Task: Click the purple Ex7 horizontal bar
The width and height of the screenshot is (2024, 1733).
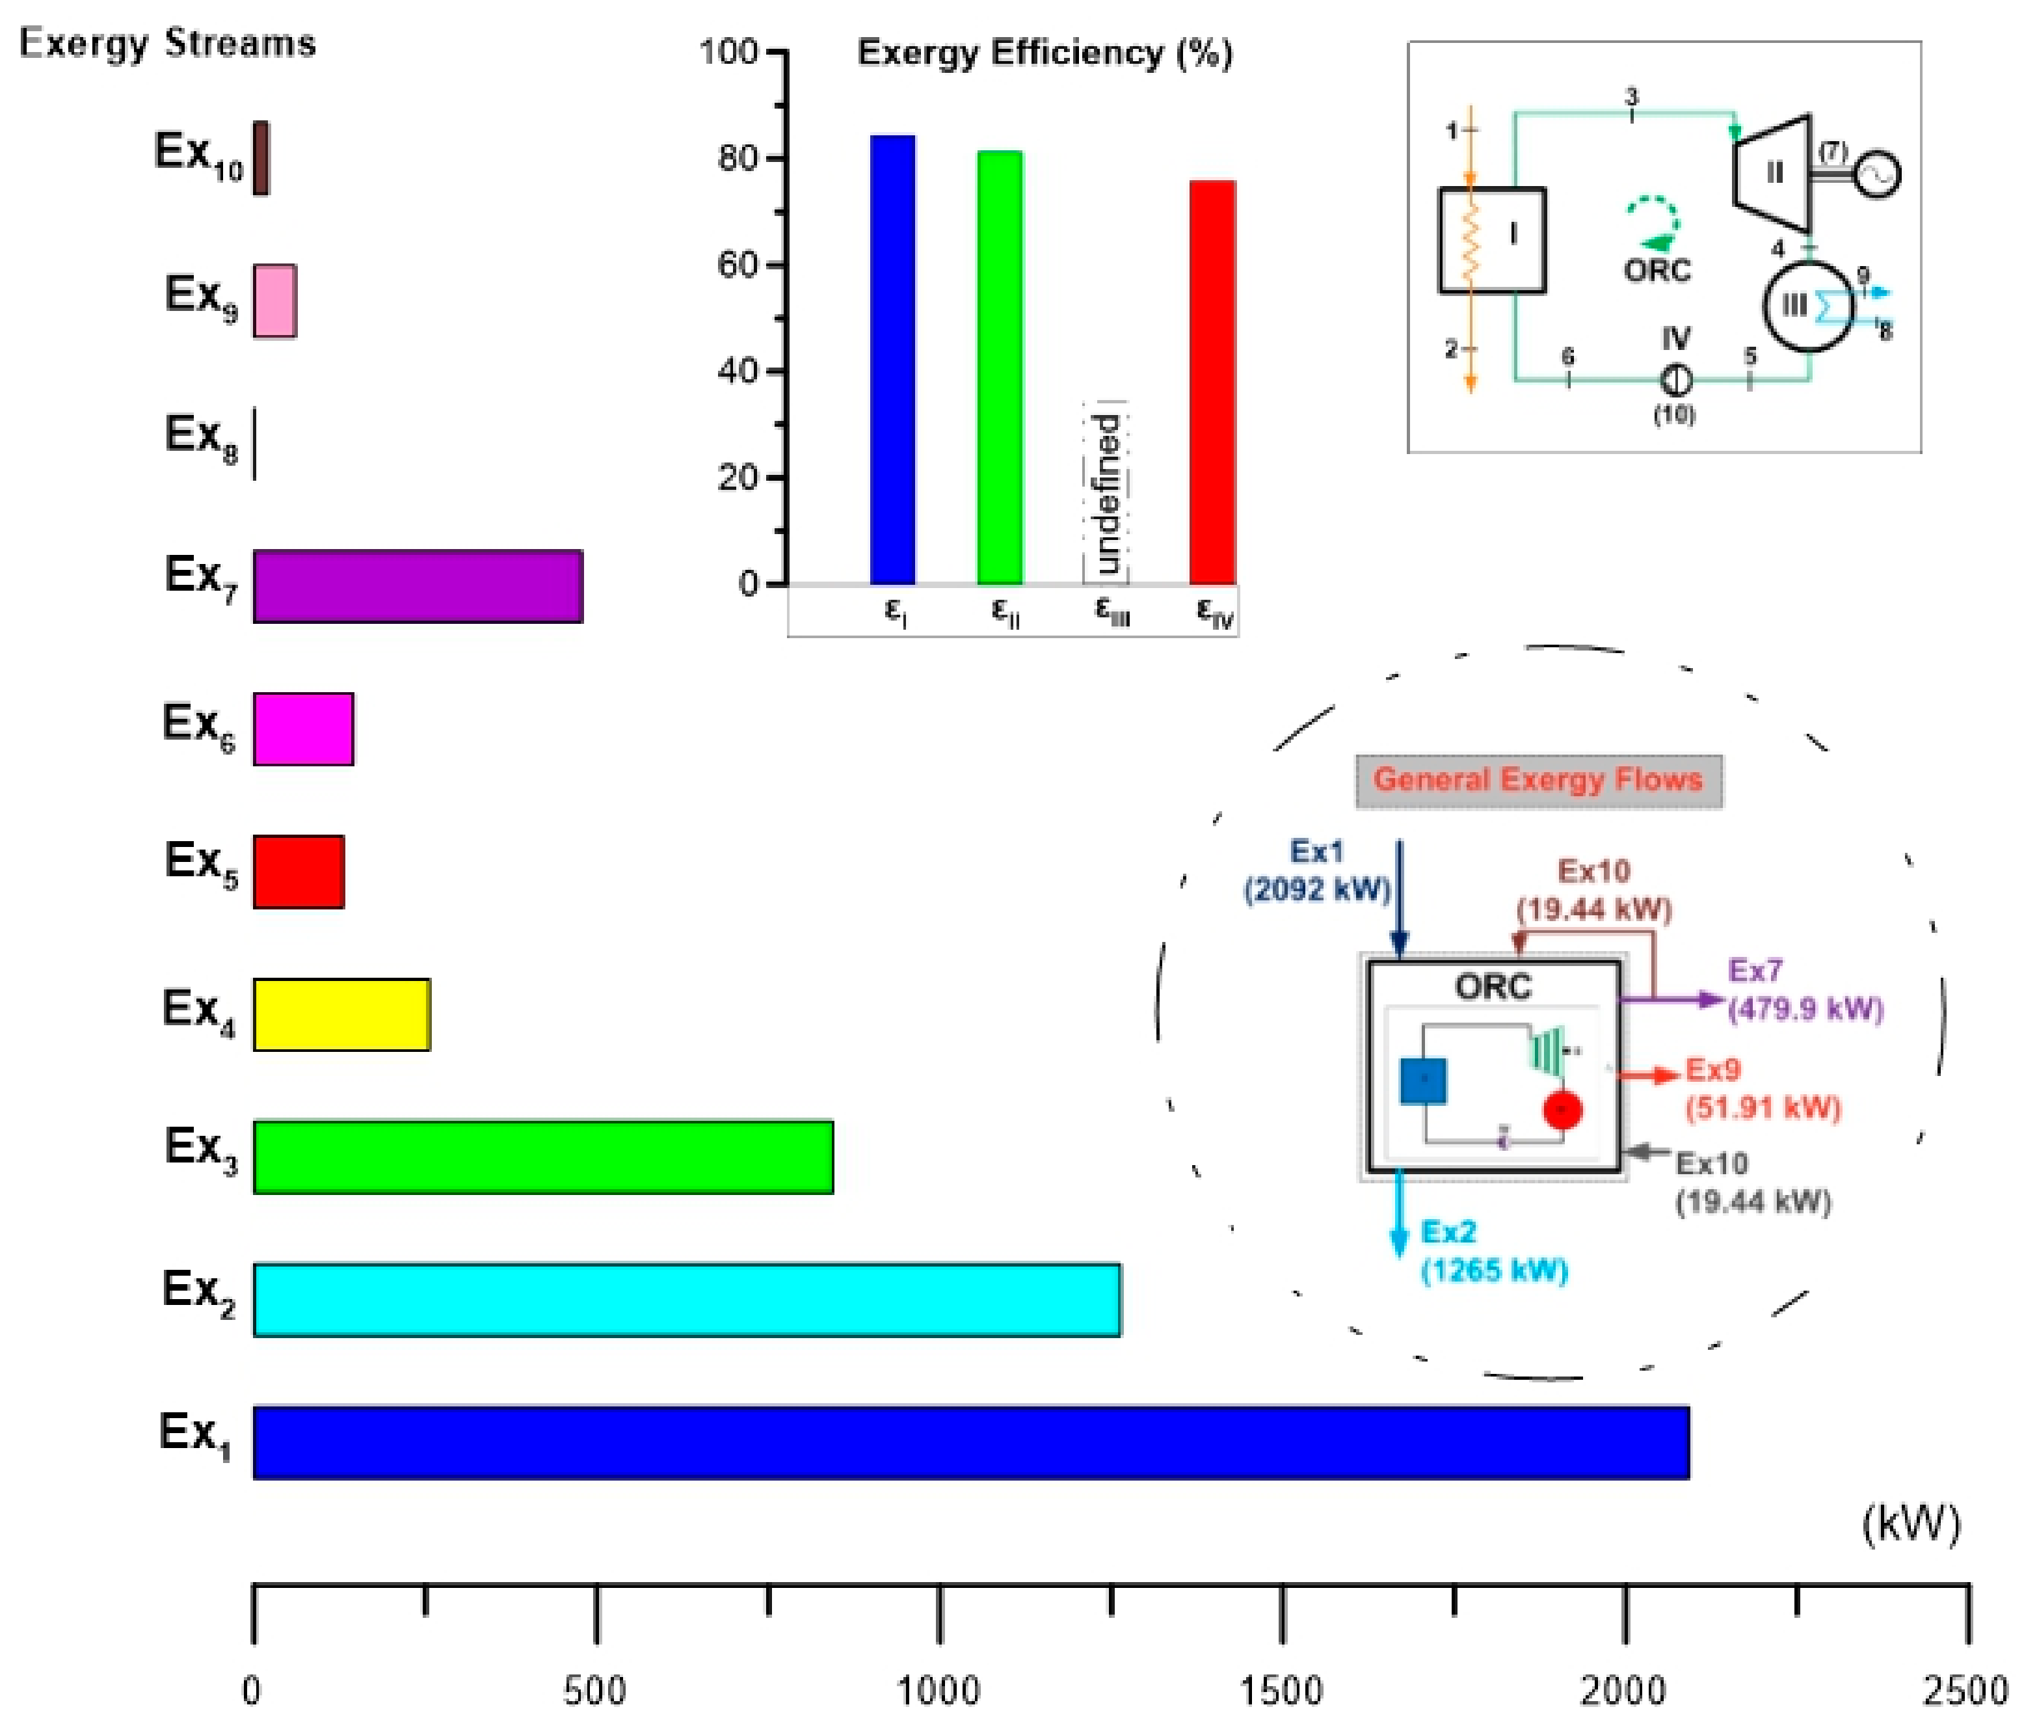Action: coord(418,585)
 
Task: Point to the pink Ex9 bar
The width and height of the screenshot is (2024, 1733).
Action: coord(274,301)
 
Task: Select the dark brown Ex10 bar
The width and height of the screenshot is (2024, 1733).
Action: coord(261,157)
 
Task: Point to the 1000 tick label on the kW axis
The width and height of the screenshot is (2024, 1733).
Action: coord(938,1691)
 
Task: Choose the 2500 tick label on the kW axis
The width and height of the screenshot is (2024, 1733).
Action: coord(1965,1691)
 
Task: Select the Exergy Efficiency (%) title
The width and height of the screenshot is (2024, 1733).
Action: coord(1045,53)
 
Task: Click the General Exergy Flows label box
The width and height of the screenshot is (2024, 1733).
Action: coord(1539,781)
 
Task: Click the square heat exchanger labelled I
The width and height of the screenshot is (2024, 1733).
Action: coord(1491,239)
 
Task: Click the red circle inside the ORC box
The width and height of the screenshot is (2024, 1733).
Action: coord(1562,1110)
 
